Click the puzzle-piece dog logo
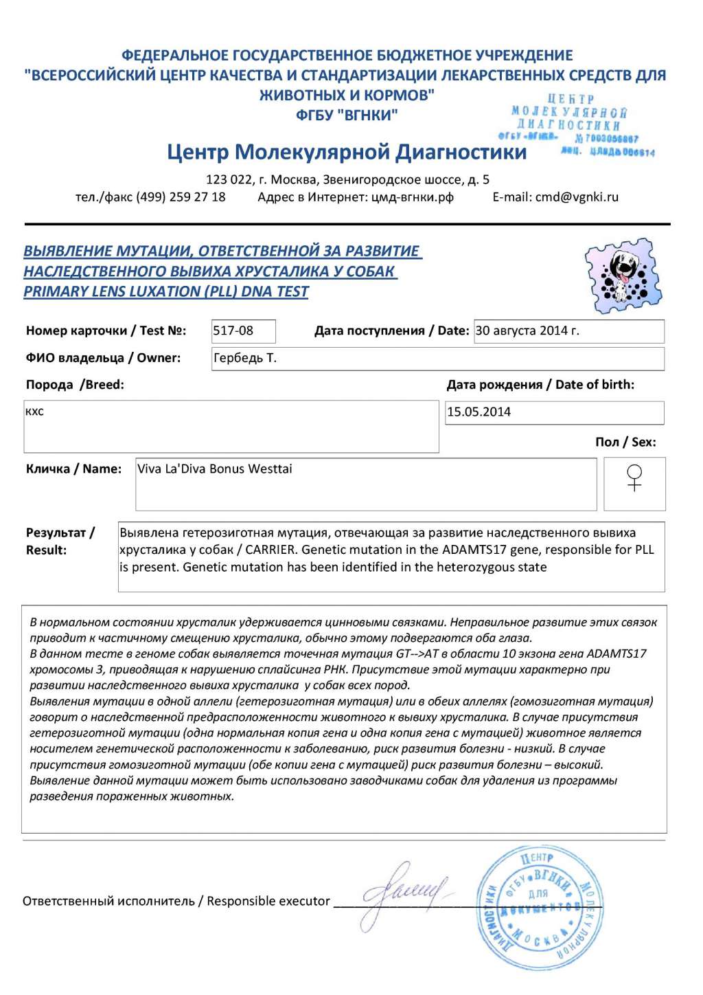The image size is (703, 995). click(x=623, y=276)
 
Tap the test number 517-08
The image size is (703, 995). click(x=233, y=331)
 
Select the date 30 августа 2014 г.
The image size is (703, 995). click(x=527, y=331)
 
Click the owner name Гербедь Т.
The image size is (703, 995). click(x=245, y=358)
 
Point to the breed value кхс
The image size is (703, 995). click(x=34, y=412)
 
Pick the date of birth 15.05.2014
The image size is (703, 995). click(x=479, y=412)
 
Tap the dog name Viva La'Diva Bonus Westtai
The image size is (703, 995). click(x=215, y=469)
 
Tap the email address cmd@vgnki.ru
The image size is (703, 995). click(x=577, y=197)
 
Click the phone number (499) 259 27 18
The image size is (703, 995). click(x=181, y=197)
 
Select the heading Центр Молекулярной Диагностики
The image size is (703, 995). click(x=347, y=152)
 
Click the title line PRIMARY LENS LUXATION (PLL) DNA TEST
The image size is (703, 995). click(x=166, y=291)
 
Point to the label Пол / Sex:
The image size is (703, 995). click(x=625, y=442)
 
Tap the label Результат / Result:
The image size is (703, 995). click(x=60, y=541)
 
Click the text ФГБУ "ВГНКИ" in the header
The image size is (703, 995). click(x=347, y=115)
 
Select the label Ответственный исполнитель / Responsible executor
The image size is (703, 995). click(x=176, y=901)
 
